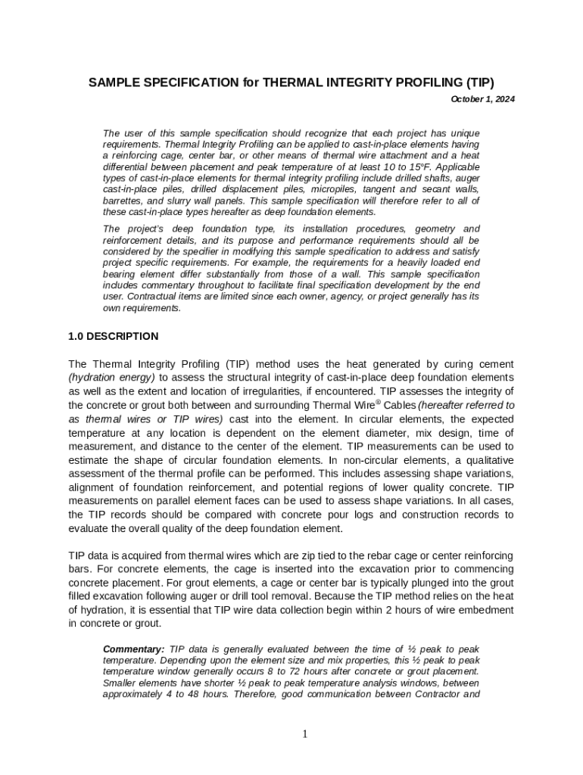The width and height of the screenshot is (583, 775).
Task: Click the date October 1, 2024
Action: click(x=482, y=100)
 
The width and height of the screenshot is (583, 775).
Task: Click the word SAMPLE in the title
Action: click(x=112, y=82)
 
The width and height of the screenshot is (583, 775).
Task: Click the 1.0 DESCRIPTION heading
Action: click(x=114, y=336)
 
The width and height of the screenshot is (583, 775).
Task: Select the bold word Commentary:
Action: click(x=133, y=649)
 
